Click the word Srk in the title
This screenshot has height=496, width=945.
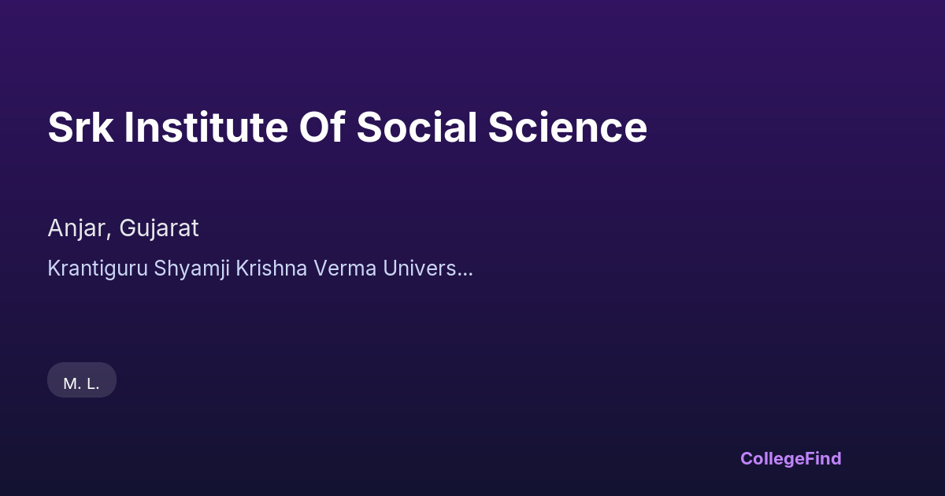point(80,127)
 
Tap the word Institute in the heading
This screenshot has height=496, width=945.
point(206,127)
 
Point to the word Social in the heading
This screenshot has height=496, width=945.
point(417,127)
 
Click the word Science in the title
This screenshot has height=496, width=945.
point(568,127)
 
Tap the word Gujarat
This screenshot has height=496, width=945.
point(159,229)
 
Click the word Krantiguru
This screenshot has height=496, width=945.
point(98,268)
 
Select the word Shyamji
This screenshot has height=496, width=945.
point(191,269)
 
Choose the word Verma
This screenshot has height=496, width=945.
point(345,268)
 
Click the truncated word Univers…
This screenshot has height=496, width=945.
point(428,268)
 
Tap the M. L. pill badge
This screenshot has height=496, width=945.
point(82,379)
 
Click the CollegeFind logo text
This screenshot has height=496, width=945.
point(791,459)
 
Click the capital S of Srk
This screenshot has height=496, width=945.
point(59,127)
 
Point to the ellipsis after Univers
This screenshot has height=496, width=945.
point(465,275)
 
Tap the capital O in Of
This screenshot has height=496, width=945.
point(316,127)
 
